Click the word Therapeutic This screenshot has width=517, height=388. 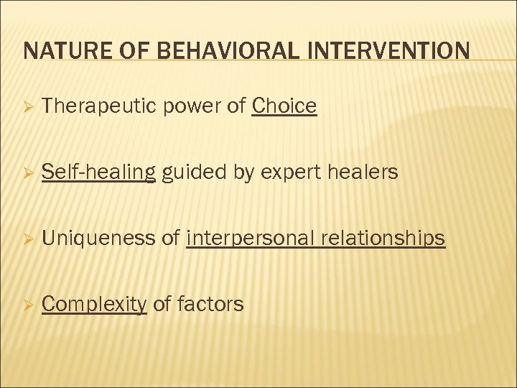[x=100, y=106]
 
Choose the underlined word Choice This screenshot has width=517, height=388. [x=284, y=106]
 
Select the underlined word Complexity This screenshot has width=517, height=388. [x=94, y=305]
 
